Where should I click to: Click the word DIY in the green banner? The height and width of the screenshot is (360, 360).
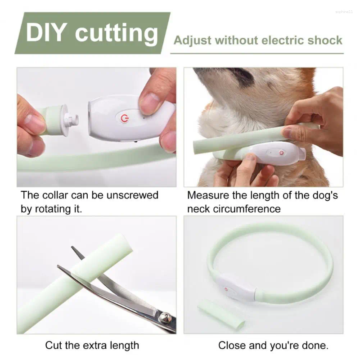click(47, 33)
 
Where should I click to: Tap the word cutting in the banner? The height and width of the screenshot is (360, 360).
click(117, 34)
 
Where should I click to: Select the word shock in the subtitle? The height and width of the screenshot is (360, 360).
click(324, 40)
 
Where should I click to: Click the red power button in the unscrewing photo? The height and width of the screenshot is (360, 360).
click(124, 118)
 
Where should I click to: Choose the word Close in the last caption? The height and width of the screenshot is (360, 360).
click(231, 346)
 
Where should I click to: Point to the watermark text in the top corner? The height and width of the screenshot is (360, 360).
click(345, 11)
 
